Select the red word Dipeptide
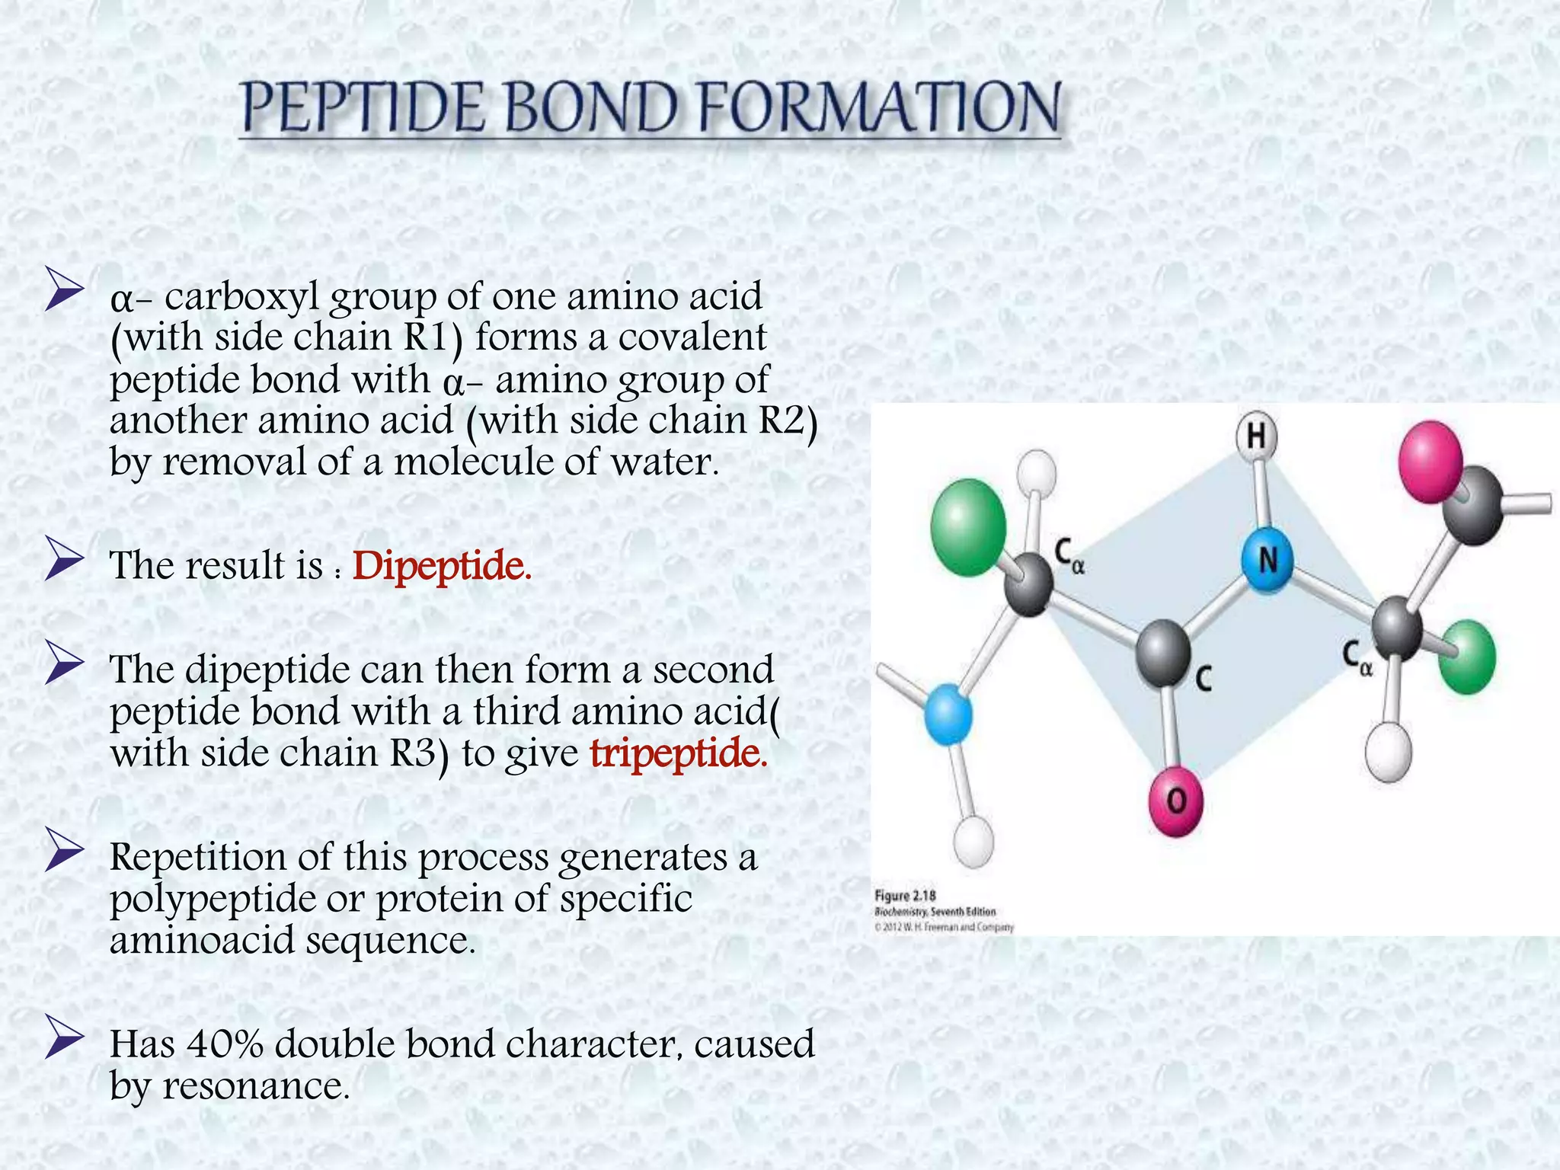442,566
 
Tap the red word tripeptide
679,753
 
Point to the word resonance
255,1085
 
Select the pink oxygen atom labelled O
1176,801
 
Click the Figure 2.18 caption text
905,895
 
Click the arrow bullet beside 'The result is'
64,558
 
